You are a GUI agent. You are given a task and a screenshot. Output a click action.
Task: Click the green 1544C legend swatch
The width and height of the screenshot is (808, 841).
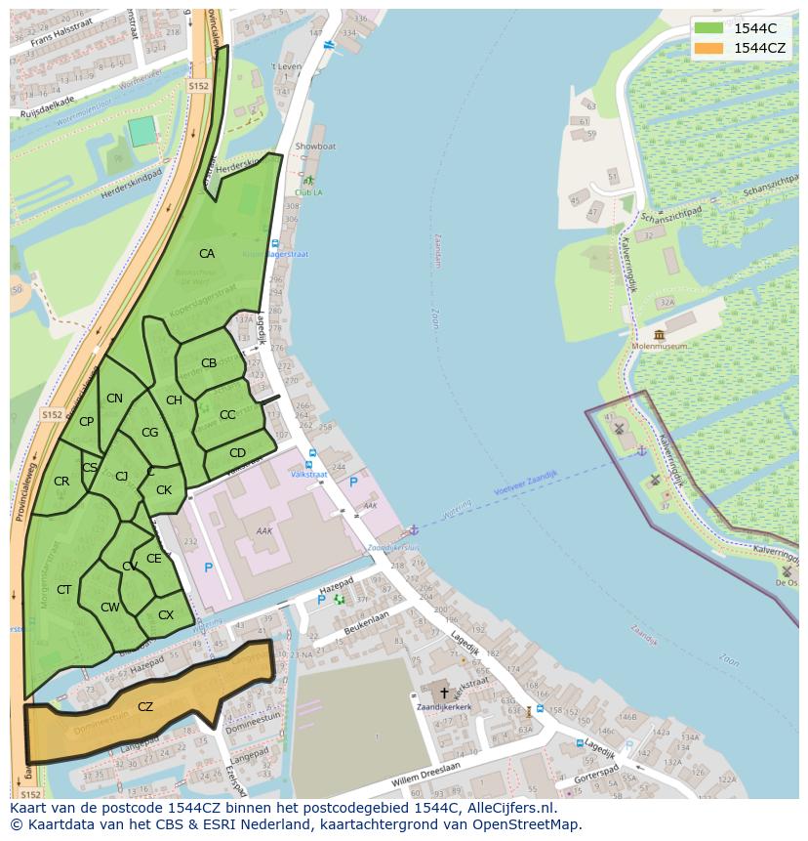click(709, 28)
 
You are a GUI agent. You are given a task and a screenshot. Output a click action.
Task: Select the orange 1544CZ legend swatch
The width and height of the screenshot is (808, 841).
click(709, 48)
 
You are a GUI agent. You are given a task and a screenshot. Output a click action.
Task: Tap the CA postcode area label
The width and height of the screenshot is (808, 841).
click(206, 254)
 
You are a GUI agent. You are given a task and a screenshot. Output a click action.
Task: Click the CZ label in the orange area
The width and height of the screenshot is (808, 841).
click(145, 707)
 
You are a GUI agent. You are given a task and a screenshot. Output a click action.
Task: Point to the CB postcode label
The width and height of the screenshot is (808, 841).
click(209, 363)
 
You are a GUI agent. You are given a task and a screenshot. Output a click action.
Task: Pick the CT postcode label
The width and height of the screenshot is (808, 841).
click(64, 590)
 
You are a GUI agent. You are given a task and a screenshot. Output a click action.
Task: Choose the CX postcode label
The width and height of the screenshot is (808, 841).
click(166, 615)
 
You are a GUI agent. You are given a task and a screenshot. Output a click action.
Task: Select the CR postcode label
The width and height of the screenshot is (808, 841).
click(61, 482)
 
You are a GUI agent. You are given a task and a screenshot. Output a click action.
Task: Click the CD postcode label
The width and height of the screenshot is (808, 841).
click(237, 453)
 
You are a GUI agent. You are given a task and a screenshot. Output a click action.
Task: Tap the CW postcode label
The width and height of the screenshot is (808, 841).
click(110, 608)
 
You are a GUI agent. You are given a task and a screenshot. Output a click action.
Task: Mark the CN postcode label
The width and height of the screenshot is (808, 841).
click(114, 399)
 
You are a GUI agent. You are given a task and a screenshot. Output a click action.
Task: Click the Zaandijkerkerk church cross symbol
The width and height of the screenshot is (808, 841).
click(444, 693)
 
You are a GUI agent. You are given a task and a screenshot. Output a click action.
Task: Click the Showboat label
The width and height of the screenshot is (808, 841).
click(315, 147)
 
